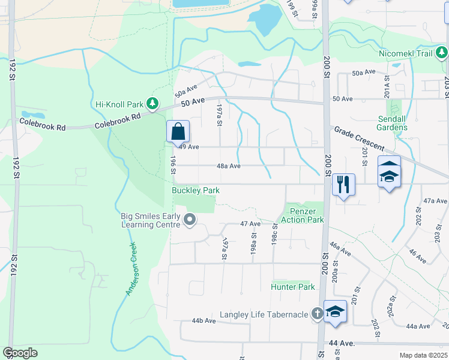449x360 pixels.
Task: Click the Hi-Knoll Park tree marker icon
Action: (153, 104)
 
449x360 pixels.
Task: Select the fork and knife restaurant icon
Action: (343, 184)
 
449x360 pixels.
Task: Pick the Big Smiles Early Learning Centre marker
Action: (190, 220)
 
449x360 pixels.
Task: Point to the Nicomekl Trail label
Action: (406, 53)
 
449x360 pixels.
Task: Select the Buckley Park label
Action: (196, 190)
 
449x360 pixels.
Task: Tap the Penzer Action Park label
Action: (306, 215)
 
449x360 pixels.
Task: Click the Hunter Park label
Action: (293, 287)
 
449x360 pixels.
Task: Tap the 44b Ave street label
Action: (203, 321)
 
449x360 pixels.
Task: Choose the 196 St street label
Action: (173, 165)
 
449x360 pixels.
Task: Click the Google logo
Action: (20, 353)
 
